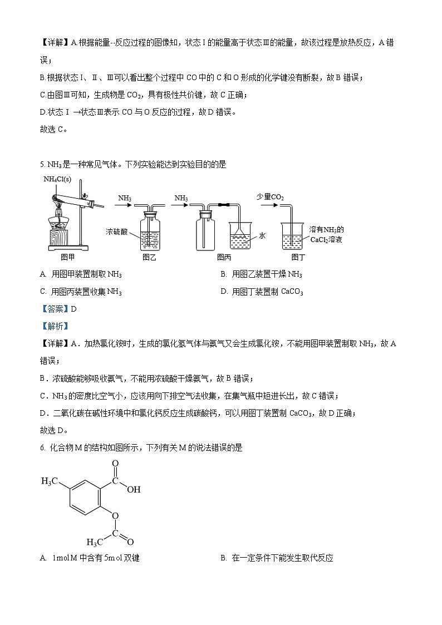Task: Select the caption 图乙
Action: tap(150, 257)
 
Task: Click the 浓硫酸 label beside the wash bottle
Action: tap(117, 232)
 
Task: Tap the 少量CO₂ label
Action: tap(270, 196)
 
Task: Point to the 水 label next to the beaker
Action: tap(262, 235)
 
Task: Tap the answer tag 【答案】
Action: tap(54, 309)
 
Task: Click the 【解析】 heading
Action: tap(54, 326)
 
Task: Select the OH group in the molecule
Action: tap(134, 490)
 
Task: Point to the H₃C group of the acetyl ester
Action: tap(95, 540)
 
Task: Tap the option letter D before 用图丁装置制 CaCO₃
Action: tap(224, 292)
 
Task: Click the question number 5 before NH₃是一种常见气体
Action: tap(42, 165)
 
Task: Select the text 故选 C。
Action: tap(53, 130)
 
